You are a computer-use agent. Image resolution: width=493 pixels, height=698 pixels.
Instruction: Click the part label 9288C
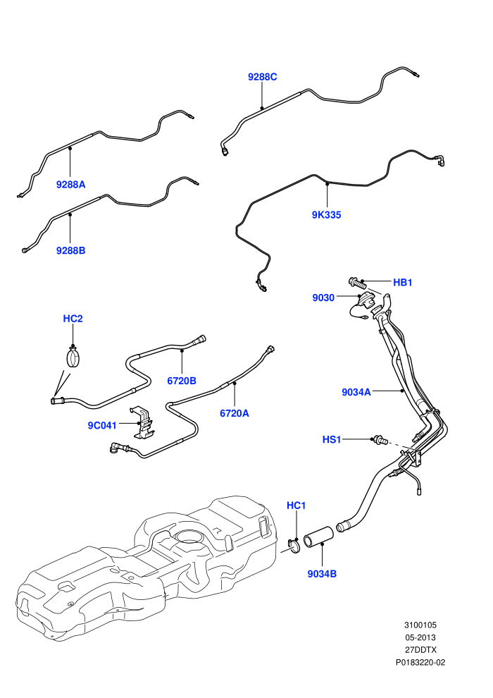[x=262, y=77]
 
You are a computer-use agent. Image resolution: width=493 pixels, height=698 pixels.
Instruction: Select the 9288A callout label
[x=70, y=184]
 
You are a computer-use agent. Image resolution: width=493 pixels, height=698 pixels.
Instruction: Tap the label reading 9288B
[x=70, y=250]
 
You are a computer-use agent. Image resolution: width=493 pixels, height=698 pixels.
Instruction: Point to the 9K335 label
[x=326, y=215]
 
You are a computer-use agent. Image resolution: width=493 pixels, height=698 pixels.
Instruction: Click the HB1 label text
[x=403, y=282]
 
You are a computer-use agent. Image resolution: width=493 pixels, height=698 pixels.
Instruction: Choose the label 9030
[x=323, y=298]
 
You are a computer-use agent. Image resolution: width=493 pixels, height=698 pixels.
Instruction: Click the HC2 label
[x=73, y=319]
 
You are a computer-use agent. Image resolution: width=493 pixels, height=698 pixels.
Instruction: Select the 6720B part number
[x=182, y=381]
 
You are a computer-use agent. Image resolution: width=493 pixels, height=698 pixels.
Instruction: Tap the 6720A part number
[x=235, y=414]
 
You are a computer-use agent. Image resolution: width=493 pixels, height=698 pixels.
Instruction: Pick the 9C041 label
[x=102, y=426]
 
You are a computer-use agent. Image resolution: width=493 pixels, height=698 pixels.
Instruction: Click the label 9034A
[x=356, y=392]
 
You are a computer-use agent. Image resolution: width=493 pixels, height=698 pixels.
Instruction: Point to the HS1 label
[x=332, y=440]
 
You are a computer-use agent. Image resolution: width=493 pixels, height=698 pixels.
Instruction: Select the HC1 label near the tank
[x=296, y=506]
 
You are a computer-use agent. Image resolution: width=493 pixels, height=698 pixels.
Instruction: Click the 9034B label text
[x=323, y=574]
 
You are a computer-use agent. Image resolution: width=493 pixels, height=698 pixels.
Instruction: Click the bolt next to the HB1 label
[x=356, y=282]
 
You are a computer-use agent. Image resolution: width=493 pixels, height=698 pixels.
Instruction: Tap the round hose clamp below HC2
[x=73, y=357]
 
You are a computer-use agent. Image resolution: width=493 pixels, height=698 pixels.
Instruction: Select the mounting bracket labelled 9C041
[x=142, y=422]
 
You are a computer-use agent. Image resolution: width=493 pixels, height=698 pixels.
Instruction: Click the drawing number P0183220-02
[x=420, y=662]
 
